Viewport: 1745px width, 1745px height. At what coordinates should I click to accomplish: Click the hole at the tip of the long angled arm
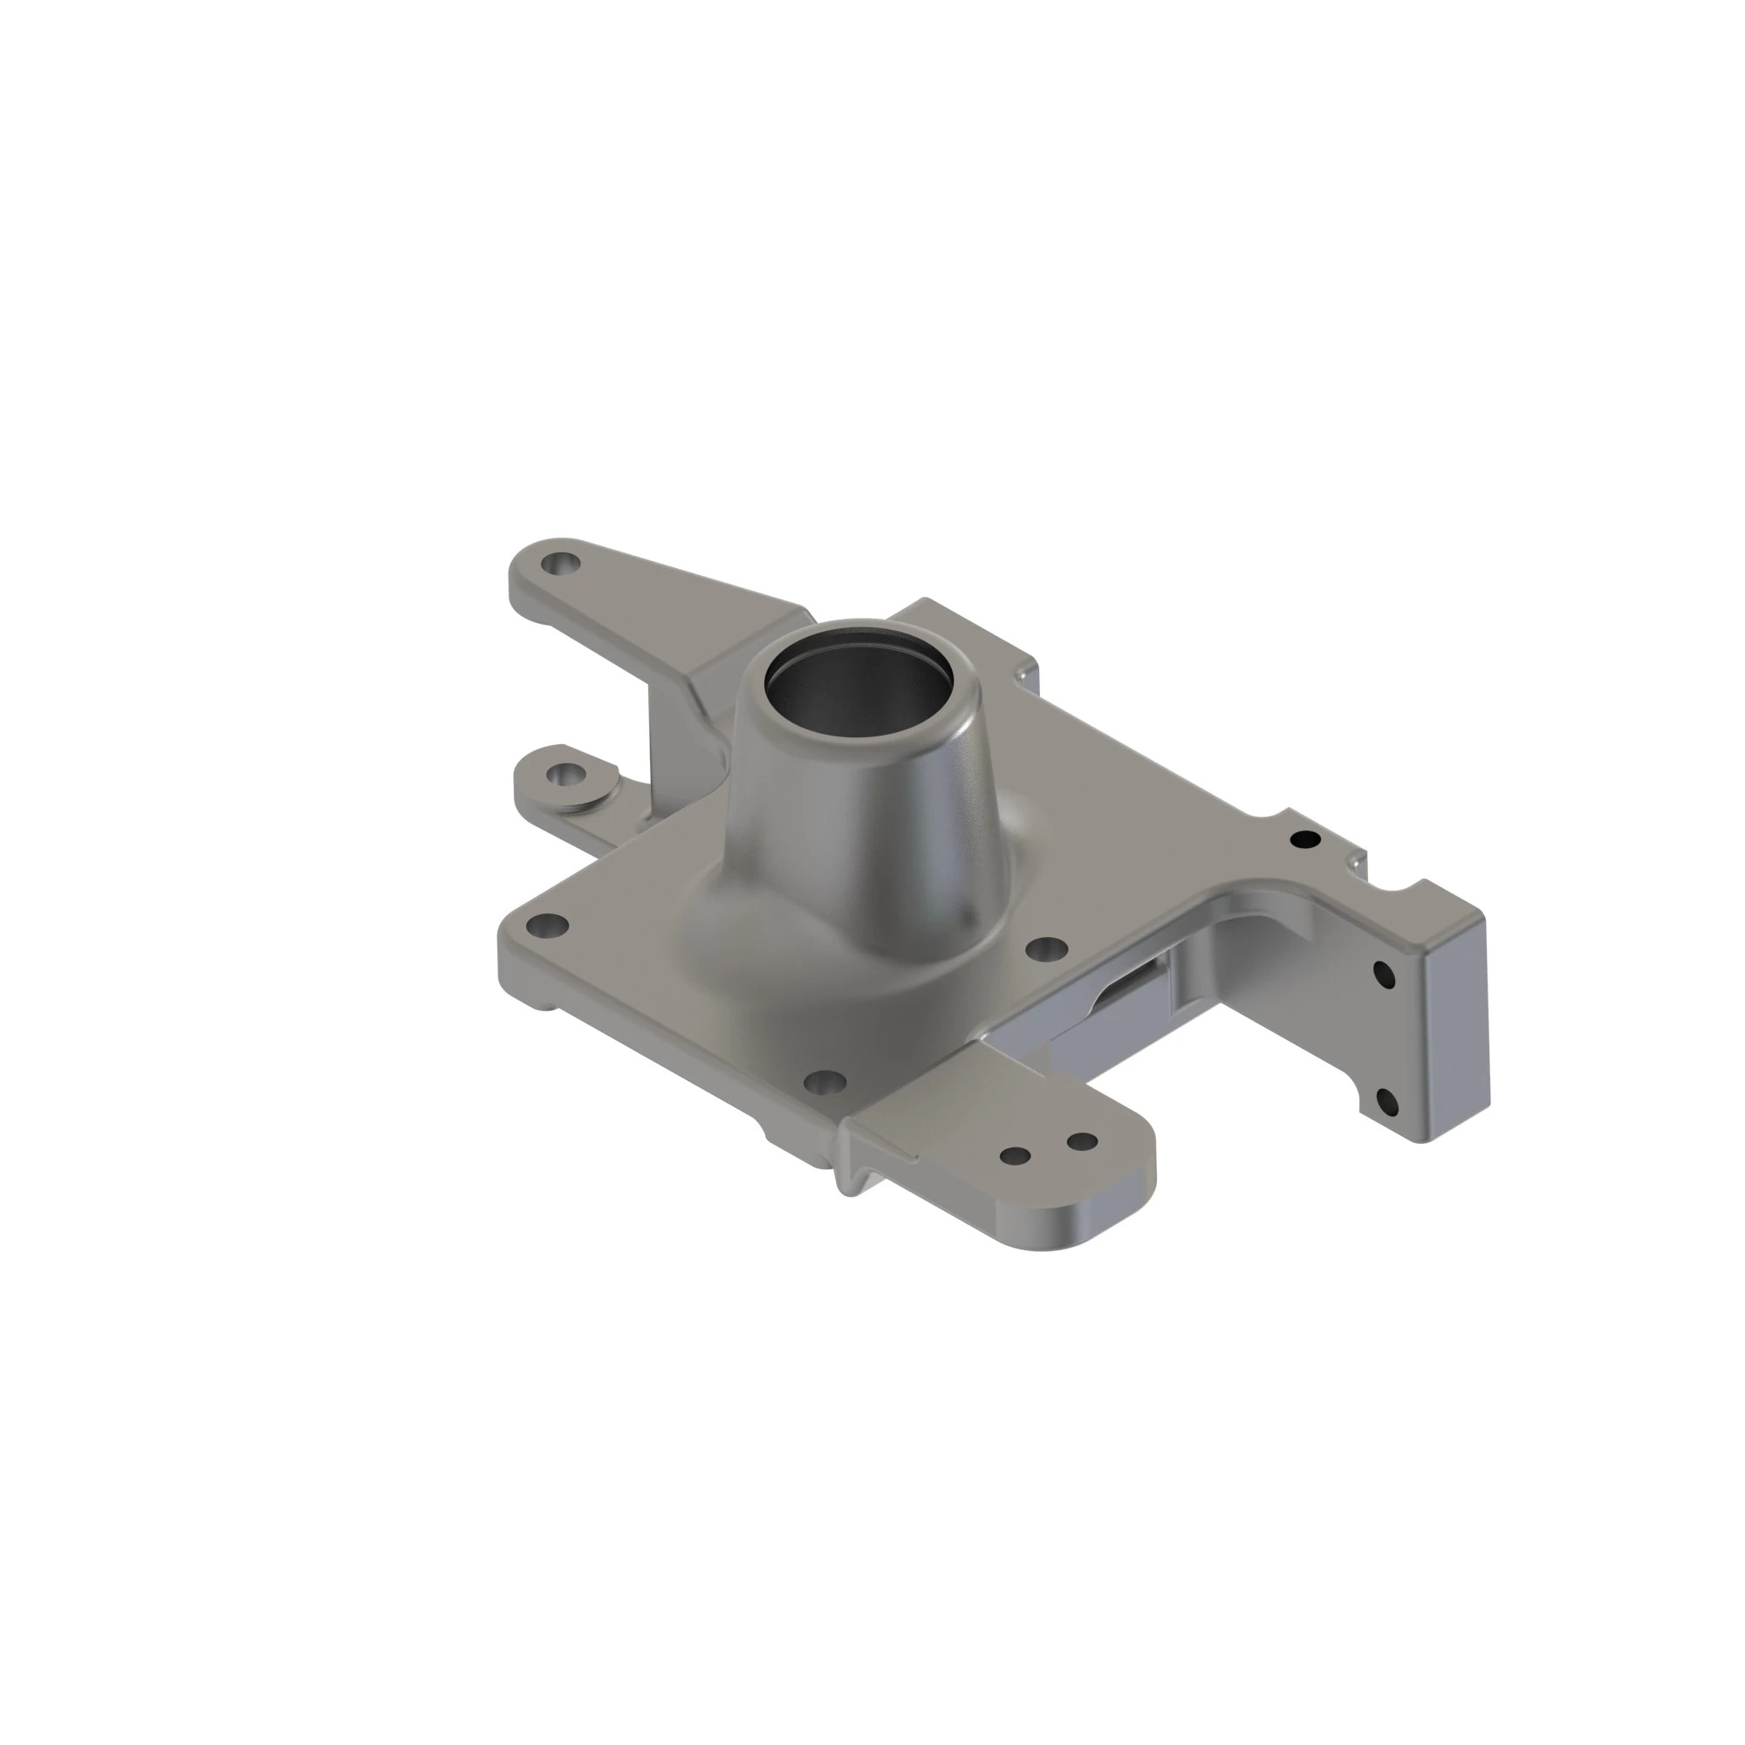click(562, 565)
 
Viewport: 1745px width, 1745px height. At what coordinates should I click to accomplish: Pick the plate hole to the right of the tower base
click(1047, 949)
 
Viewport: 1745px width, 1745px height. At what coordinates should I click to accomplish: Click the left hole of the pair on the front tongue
click(1016, 1155)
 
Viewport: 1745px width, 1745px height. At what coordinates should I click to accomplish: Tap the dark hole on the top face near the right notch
click(1304, 840)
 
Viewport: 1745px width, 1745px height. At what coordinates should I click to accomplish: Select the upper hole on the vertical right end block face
click(1384, 976)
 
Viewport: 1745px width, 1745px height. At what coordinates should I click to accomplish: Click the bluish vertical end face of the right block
click(1454, 1021)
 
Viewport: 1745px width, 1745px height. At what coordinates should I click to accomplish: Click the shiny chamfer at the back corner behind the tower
click(1024, 674)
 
